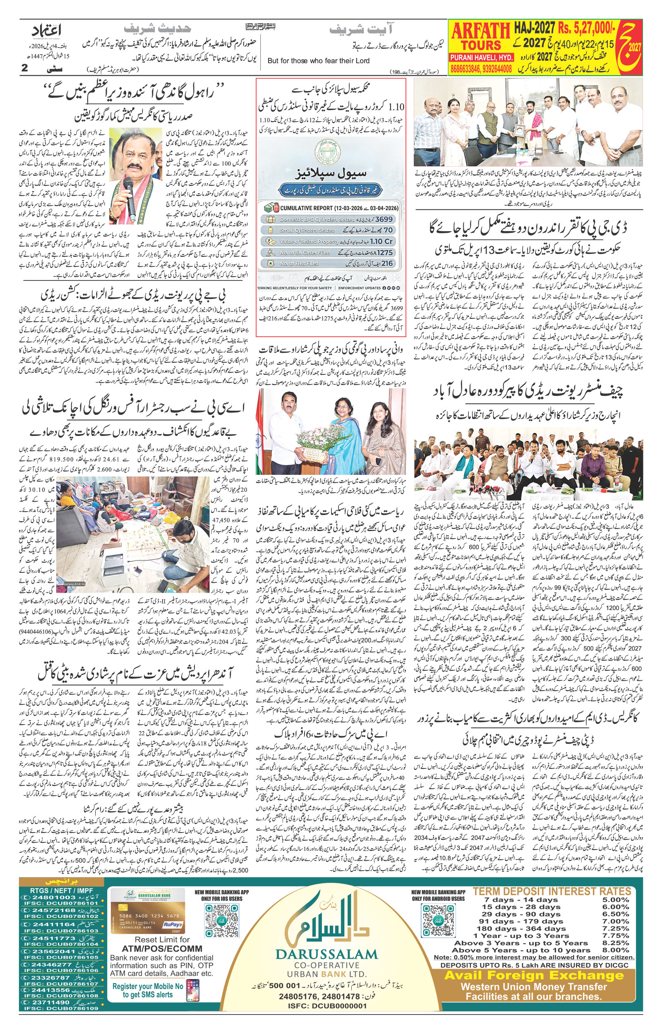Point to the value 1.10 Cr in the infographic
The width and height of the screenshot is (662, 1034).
pos(381,242)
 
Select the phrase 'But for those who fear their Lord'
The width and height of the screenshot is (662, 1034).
pos(318,60)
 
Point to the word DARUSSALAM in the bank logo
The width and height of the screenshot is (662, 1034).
pos(326,963)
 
